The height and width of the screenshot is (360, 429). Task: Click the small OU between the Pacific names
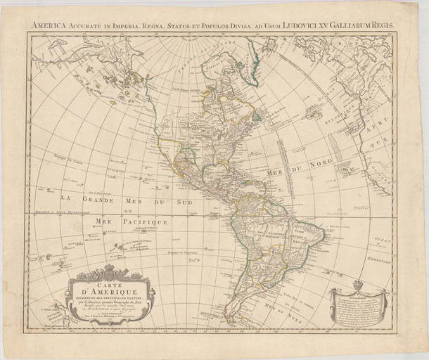[127, 210]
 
